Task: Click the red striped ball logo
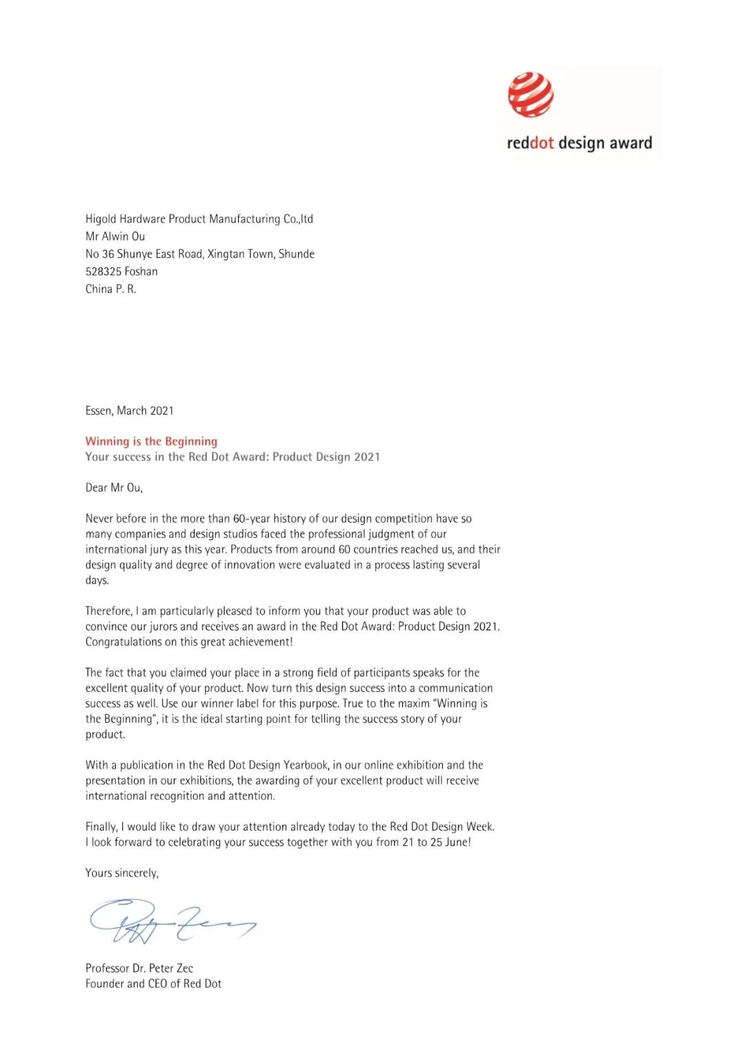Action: (x=530, y=95)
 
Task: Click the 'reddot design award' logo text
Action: (x=579, y=143)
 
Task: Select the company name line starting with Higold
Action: (x=199, y=219)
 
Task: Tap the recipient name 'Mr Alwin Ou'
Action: (x=115, y=237)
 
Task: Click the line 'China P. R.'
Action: (x=110, y=289)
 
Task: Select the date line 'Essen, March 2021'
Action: (x=129, y=411)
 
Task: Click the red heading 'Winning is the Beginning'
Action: (x=151, y=441)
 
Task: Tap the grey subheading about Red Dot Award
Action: (x=232, y=457)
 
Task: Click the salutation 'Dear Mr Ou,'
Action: (x=114, y=488)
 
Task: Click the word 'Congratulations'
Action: (x=123, y=642)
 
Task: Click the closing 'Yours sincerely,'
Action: (x=121, y=873)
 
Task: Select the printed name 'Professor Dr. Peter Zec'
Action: (x=139, y=968)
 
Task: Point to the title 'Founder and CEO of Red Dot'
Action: (x=153, y=984)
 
